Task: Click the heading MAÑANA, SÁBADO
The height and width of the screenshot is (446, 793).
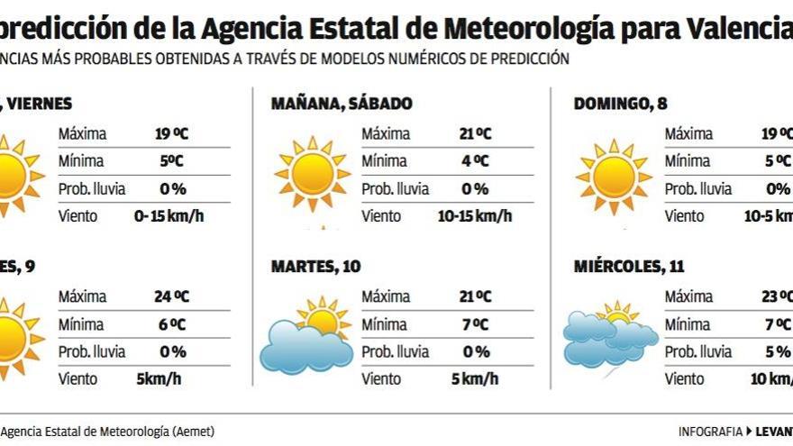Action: pyautogui.click(x=342, y=104)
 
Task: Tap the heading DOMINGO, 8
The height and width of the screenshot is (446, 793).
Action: pyautogui.click(x=620, y=104)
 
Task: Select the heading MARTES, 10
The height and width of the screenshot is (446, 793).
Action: pyautogui.click(x=316, y=267)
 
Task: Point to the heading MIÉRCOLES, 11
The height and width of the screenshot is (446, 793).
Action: pyautogui.click(x=629, y=267)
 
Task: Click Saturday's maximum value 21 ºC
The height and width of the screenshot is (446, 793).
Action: pyautogui.click(x=475, y=134)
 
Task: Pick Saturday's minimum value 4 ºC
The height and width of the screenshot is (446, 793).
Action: pyautogui.click(x=475, y=161)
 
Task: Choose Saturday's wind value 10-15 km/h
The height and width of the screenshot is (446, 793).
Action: pyautogui.click(x=475, y=216)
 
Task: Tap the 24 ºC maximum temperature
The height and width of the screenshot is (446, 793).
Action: pyautogui.click(x=170, y=296)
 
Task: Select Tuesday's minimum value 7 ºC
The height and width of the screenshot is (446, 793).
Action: pyautogui.click(x=475, y=324)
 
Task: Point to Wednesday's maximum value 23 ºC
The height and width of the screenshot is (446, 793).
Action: pyautogui.click(x=777, y=296)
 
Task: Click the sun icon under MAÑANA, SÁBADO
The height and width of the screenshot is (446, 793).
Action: pyautogui.click(x=312, y=173)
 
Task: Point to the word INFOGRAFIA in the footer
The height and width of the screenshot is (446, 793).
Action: pyautogui.click(x=710, y=432)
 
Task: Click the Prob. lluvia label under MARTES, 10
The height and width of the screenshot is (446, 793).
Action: pyautogui.click(x=395, y=351)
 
